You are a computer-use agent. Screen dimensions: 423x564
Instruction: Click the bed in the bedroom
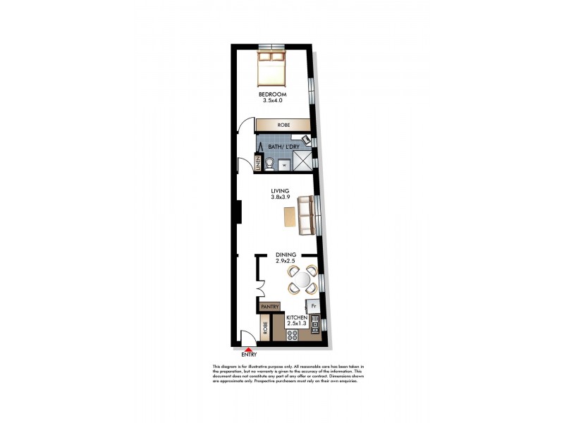(x=270, y=68)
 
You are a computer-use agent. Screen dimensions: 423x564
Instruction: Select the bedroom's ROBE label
(x=283, y=124)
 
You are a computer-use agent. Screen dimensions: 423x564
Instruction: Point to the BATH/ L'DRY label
(x=280, y=147)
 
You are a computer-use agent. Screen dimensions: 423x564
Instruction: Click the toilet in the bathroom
(x=270, y=165)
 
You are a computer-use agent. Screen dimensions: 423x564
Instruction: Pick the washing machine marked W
(x=283, y=165)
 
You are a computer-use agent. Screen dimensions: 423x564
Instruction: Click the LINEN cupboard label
(x=259, y=165)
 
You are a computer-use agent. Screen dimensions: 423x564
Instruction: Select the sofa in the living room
(x=307, y=216)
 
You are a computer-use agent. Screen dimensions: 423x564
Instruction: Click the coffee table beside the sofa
(x=289, y=217)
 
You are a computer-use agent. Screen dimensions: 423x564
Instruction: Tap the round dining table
(x=300, y=279)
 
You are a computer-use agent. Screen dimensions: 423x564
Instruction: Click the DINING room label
(x=285, y=257)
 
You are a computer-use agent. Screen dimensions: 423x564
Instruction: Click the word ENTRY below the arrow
(x=248, y=355)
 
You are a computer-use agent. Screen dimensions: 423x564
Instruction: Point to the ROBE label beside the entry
(x=265, y=327)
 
